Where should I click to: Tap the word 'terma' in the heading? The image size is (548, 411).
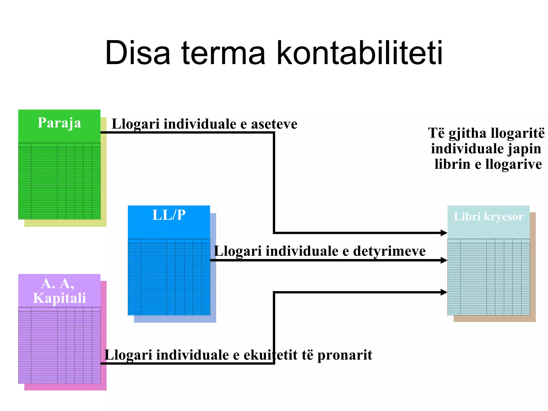(x=223, y=53)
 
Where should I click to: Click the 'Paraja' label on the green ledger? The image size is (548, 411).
(x=59, y=123)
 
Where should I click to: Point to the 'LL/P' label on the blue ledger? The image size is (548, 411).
(x=169, y=215)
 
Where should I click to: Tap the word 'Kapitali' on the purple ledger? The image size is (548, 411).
(x=59, y=298)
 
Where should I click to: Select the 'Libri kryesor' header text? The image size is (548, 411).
(x=488, y=216)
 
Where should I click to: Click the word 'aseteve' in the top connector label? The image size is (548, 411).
(x=274, y=124)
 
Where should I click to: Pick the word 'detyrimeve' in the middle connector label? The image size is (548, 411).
(x=389, y=251)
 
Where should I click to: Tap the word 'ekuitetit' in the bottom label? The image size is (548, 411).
(x=270, y=355)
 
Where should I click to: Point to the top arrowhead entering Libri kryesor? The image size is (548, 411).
(x=444, y=233)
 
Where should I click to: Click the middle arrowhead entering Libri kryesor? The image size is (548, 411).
(x=444, y=260)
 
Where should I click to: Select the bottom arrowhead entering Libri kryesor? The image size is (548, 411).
(x=444, y=292)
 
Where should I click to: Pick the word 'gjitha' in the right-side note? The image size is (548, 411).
(x=467, y=133)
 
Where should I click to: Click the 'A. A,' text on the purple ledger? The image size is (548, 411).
(x=58, y=284)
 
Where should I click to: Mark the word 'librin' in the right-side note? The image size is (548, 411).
(x=452, y=164)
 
